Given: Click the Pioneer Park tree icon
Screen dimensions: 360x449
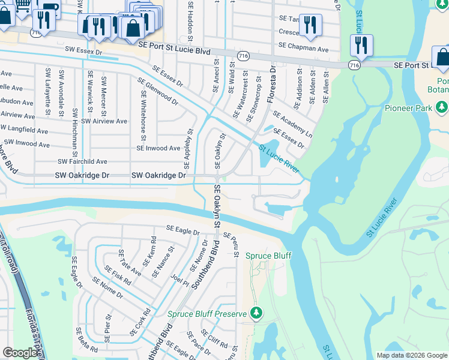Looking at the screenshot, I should pos(443,107).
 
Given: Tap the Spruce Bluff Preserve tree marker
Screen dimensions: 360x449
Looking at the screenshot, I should pos(256,313).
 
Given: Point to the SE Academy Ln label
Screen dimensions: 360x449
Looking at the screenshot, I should pos(292,124).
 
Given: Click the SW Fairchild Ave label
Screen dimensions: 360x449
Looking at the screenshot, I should pos(82,161).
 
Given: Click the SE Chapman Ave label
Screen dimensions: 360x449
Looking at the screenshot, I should pos(303,48).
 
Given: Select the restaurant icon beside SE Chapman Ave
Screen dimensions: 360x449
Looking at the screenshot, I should pos(310,24).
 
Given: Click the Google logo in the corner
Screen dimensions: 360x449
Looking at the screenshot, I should pos(20,353).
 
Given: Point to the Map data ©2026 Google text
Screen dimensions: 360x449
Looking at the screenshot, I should pos(411,355).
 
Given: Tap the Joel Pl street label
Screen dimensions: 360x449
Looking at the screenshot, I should pos(176,278).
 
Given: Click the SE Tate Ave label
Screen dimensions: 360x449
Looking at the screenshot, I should pos(130,263).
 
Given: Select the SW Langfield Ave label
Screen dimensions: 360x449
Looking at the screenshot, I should pos(25,130).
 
